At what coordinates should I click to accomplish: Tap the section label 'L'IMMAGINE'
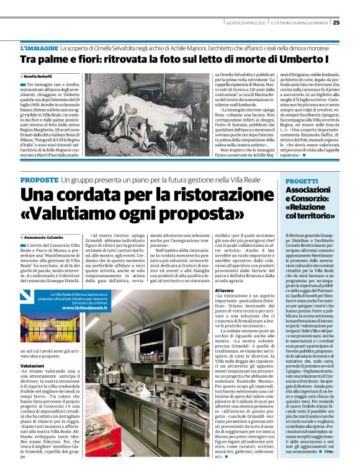(41, 48)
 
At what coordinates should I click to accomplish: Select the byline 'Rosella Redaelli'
(39, 76)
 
